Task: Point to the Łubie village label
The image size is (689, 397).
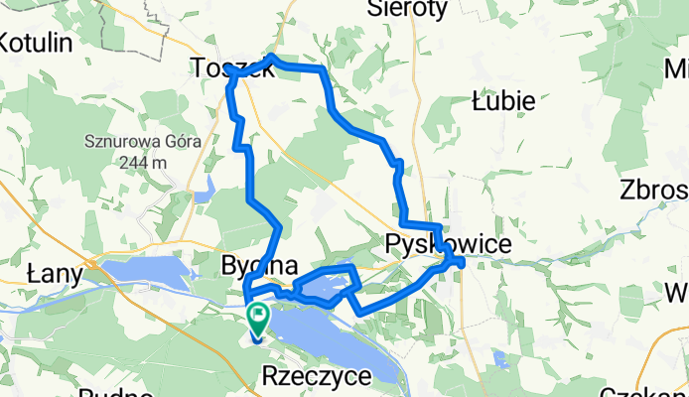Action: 503,100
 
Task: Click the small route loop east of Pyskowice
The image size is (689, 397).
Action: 456,261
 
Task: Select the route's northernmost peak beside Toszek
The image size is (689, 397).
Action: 273,59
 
